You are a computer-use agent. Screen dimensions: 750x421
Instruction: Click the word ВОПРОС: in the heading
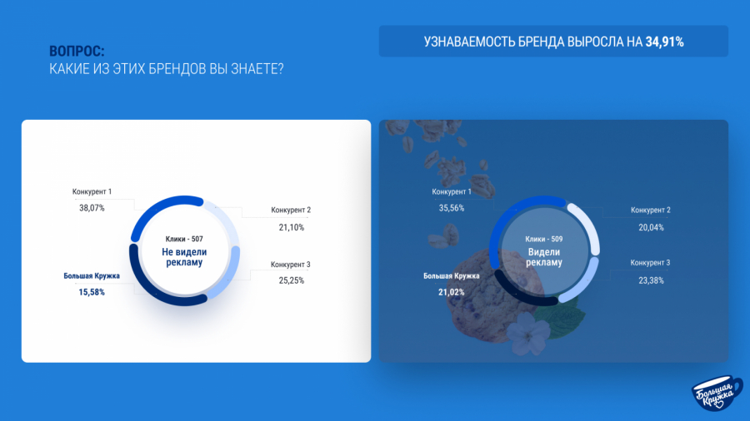click(77, 51)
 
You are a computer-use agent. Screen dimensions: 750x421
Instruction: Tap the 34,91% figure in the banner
click(664, 42)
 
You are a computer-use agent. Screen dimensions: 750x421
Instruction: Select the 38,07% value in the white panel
click(92, 208)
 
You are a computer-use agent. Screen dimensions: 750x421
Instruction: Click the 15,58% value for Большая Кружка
click(92, 292)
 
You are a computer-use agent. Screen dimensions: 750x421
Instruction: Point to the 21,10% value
click(292, 227)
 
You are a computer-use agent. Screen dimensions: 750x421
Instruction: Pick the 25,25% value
click(292, 280)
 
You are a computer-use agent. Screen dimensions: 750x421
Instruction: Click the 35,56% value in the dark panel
click(452, 208)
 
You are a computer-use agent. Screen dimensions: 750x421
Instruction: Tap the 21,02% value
click(451, 292)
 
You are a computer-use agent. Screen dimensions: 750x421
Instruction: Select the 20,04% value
click(651, 227)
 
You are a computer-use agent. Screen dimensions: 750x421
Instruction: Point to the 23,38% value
click(651, 280)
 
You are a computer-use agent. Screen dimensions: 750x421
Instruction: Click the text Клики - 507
click(184, 239)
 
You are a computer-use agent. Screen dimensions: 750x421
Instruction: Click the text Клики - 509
click(544, 239)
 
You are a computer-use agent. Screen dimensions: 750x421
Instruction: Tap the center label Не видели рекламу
click(184, 257)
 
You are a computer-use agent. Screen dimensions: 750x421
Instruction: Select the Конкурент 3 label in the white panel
click(290, 265)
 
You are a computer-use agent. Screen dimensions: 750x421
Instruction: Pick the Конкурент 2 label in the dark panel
click(651, 210)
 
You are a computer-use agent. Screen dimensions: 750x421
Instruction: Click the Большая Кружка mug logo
click(717, 393)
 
